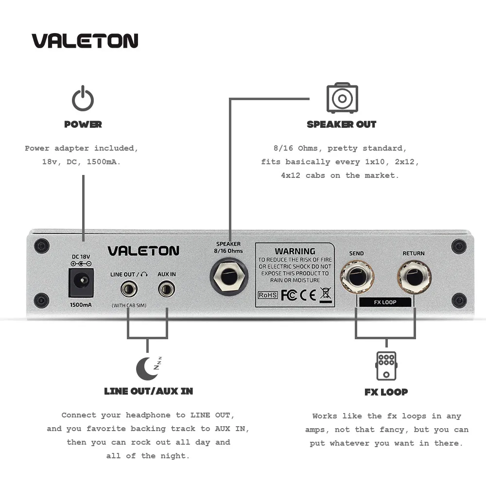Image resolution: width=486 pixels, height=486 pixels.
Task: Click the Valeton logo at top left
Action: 85,41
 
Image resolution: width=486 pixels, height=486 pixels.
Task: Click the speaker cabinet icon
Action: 342,99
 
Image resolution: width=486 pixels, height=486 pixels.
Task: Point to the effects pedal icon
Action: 386,366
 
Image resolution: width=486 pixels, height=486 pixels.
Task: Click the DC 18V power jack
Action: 81,282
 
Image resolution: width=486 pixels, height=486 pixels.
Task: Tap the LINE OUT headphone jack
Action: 129,290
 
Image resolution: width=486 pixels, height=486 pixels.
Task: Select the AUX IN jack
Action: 167,290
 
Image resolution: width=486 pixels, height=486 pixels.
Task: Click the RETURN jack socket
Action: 414,278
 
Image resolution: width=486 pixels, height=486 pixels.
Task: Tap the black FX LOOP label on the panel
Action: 385,302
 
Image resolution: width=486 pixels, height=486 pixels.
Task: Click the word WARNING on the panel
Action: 295,251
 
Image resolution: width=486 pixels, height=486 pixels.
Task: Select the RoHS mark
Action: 268,295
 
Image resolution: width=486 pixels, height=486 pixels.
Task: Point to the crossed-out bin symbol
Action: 326,294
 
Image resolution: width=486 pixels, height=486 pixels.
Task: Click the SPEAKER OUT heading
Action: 342,124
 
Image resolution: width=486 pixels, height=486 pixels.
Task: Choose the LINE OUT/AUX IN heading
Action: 148,391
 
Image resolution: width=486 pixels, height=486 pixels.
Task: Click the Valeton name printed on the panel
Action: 143,251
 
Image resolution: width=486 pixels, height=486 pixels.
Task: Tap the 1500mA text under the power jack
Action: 81,305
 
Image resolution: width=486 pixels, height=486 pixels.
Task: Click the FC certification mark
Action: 289,295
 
